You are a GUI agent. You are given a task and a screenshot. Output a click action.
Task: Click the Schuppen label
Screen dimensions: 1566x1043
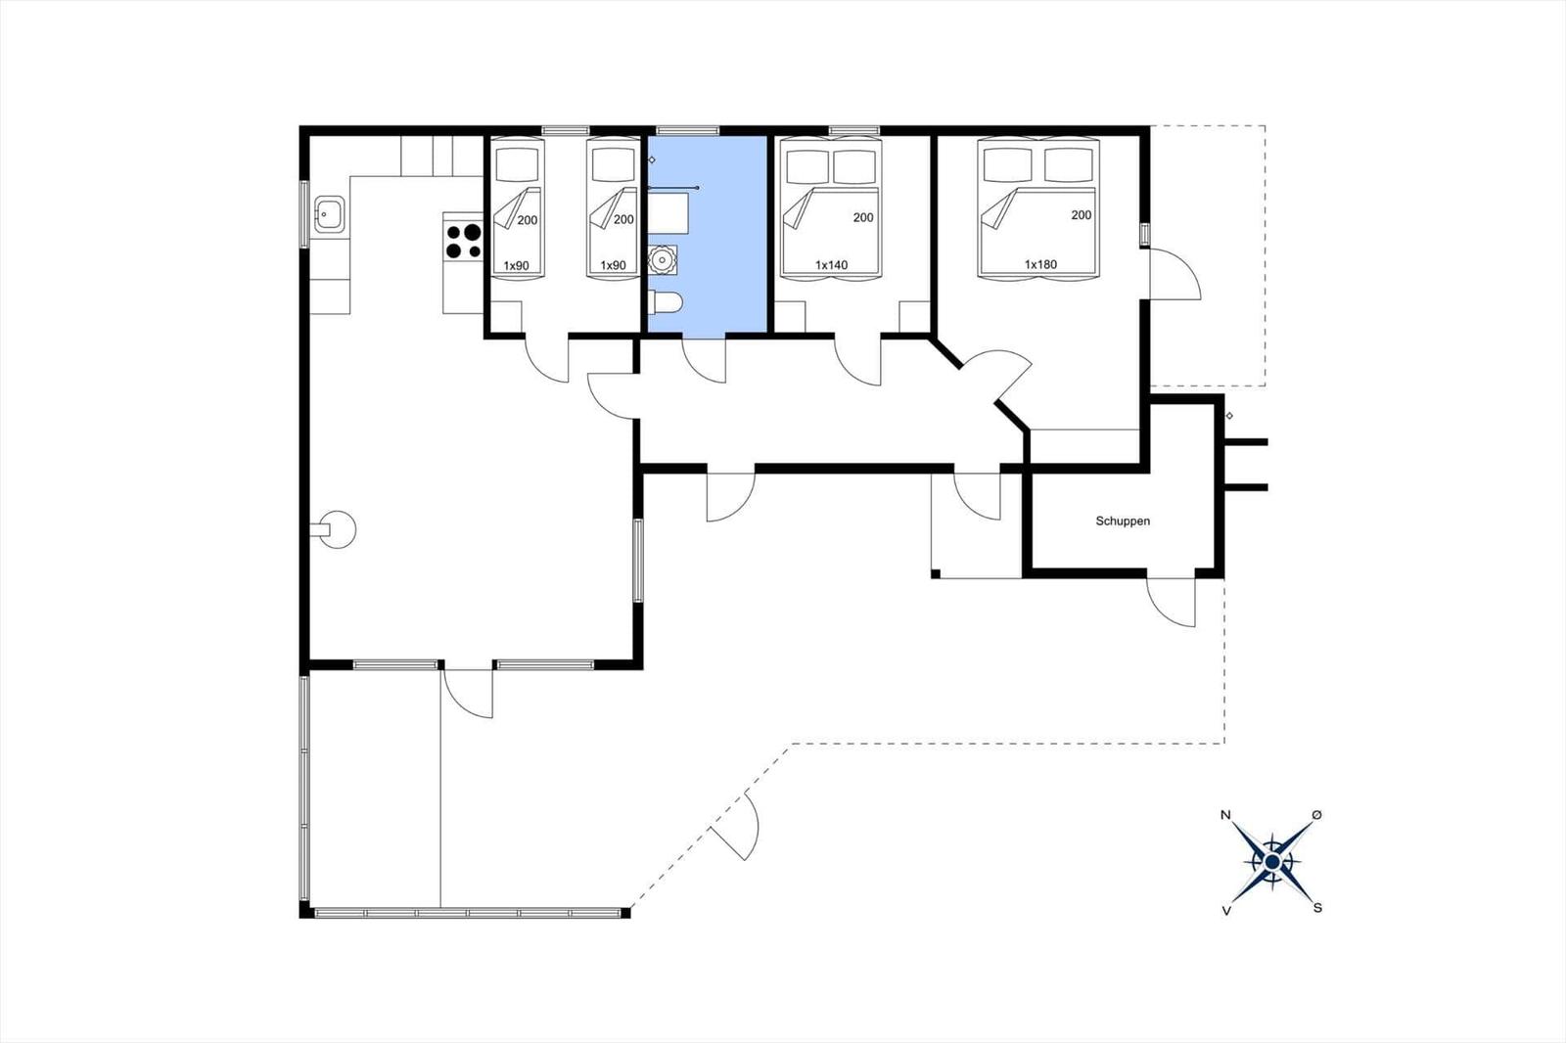[x=1123, y=521]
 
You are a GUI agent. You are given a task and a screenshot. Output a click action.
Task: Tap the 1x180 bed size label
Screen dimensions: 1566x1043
[x=1040, y=264]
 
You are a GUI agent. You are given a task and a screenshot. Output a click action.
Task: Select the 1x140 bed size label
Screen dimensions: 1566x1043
[x=831, y=265]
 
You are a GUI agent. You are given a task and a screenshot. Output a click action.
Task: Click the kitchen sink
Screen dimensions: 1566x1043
[x=329, y=214]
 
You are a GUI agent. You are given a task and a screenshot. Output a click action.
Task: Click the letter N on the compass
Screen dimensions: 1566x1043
[x=1224, y=815]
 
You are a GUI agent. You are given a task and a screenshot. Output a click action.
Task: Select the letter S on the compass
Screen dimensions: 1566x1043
[x=1317, y=908]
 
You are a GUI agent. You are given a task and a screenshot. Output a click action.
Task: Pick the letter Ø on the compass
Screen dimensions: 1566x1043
[x=1317, y=815]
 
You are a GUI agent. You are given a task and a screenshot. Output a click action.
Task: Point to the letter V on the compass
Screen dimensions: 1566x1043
[x=1226, y=911]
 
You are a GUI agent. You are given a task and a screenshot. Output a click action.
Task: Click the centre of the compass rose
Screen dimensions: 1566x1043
[x=1271, y=862]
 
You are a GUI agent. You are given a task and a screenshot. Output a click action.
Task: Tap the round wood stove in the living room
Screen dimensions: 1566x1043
[x=337, y=529]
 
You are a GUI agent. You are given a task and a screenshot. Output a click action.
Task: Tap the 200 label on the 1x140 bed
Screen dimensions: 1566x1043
[x=863, y=217]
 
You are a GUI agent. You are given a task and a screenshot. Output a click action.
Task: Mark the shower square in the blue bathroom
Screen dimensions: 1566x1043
[x=668, y=213]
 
